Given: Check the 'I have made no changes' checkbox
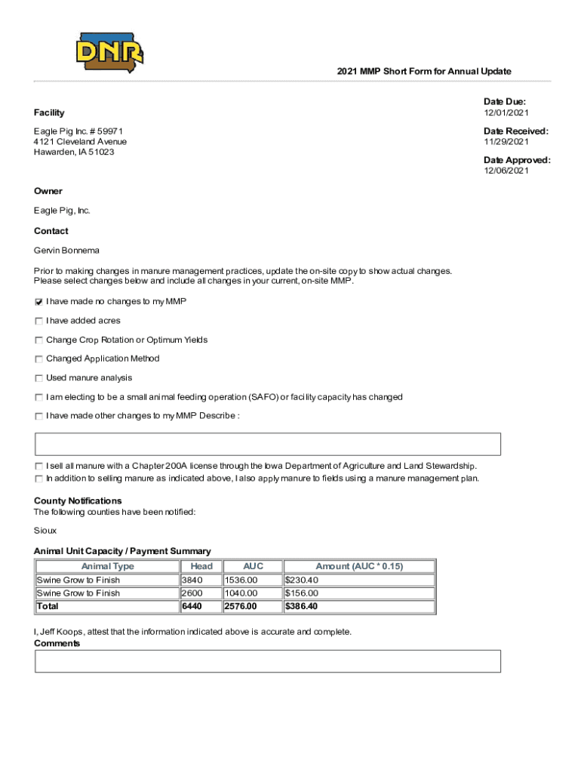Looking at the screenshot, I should coord(38,302).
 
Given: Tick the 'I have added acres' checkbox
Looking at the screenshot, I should coord(38,321).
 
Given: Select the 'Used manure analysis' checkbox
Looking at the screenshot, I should coord(38,378).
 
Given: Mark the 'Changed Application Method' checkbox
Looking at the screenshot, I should coord(38,359).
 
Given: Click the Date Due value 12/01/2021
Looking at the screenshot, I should coord(506,113).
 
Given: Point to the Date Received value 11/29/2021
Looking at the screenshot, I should coord(506,142).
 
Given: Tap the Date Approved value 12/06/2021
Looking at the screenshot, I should coord(506,171).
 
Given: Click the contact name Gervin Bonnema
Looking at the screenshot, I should coord(66,250).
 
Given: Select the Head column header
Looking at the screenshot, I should coord(201,566).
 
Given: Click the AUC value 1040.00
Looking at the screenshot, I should coord(241,593).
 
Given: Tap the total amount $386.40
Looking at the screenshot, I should coord(302,606).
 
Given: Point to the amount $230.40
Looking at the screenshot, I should coord(301,580).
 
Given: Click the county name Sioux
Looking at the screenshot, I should coord(45,531).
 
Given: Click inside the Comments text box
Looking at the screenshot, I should coord(268,661).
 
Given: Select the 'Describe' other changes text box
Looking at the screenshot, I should coord(268,445).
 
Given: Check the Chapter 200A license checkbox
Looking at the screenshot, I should coord(38,467).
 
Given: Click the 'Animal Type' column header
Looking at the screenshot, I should coord(107,566).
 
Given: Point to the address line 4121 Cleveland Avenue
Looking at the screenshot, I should coord(80,141).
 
